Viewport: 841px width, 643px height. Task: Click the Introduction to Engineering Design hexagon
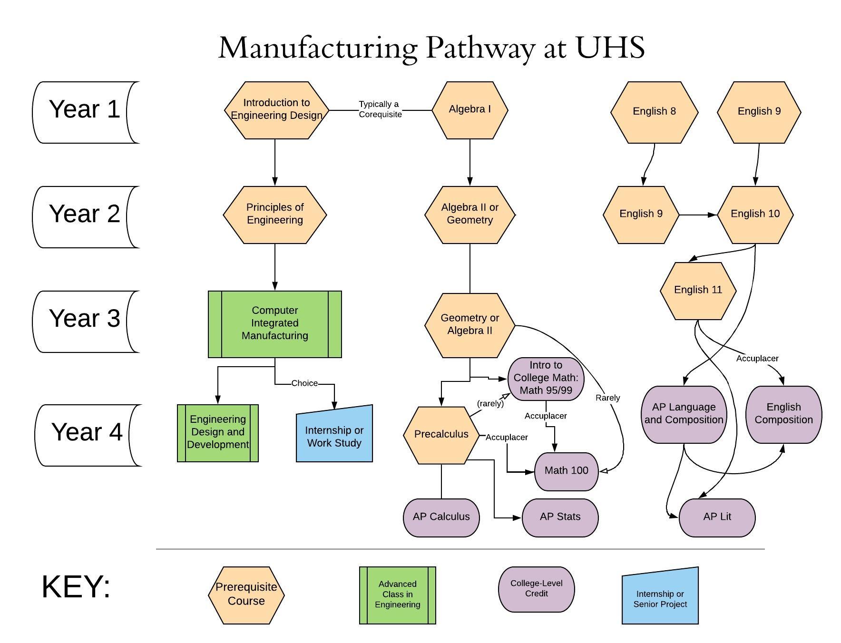pyautogui.click(x=276, y=110)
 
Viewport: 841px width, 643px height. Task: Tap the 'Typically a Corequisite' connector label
pyautogui.click(x=380, y=109)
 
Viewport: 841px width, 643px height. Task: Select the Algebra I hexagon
pyautogui.click(x=469, y=110)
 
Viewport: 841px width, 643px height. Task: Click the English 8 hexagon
pyautogui.click(x=654, y=112)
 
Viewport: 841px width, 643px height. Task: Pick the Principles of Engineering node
pyautogui.click(x=275, y=214)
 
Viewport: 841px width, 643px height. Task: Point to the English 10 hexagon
pyautogui.click(x=755, y=214)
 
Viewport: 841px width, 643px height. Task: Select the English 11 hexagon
pyautogui.click(x=698, y=290)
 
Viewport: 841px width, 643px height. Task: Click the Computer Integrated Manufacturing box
pyautogui.click(x=275, y=324)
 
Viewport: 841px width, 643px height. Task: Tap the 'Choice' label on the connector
pyautogui.click(x=304, y=383)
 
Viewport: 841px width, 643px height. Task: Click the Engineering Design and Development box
pyautogui.click(x=218, y=433)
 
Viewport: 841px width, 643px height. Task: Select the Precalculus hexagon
pyautogui.click(x=441, y=435)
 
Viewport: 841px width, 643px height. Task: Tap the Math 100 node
pyautogui.click(x=566, y=471)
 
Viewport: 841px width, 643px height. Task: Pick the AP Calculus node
pyautogui.click(x=441, y=517)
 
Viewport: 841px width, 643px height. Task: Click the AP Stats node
pyautogui.click(x=560, y=517)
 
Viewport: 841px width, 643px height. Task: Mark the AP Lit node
pyautogui.click(x=717, y=517)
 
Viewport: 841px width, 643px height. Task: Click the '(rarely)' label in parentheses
pyautogui.click(x=490, y=404)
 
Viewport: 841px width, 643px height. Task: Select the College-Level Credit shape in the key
pyautogui.click(x=536, y=589)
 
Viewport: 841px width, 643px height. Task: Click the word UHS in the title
pyautogui.click(x=610, y=48)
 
